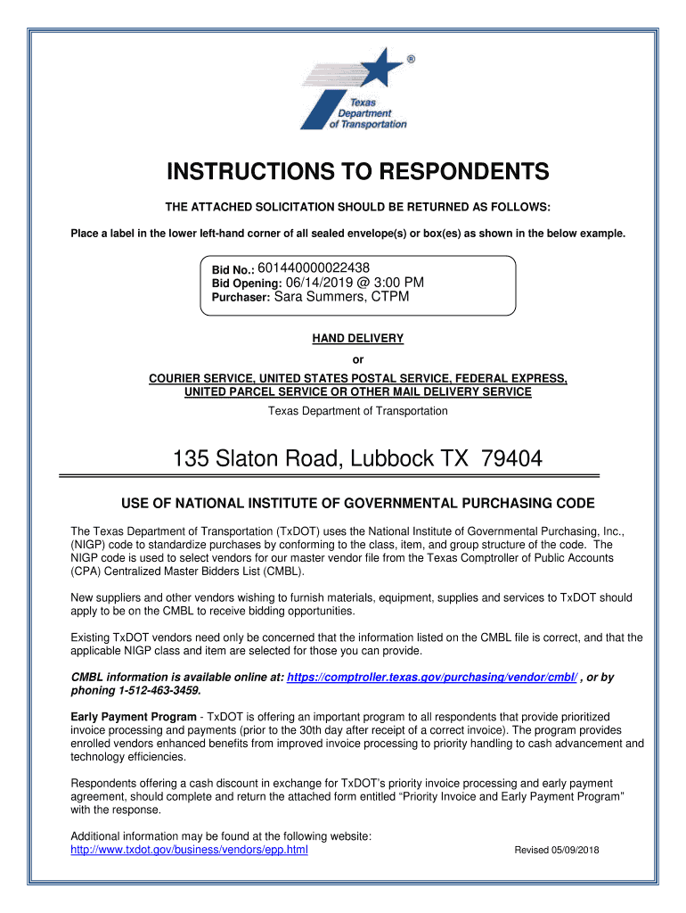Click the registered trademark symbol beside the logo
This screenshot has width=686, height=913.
(x=410, y=60)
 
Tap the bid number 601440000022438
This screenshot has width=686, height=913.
(x=314, y=267)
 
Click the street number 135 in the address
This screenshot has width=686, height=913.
(x=191, y=459)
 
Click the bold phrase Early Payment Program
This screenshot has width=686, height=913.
(x=134, y=717)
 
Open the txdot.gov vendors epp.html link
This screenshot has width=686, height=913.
(x=189, y=850)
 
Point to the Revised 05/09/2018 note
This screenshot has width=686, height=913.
(x=557, y=850)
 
